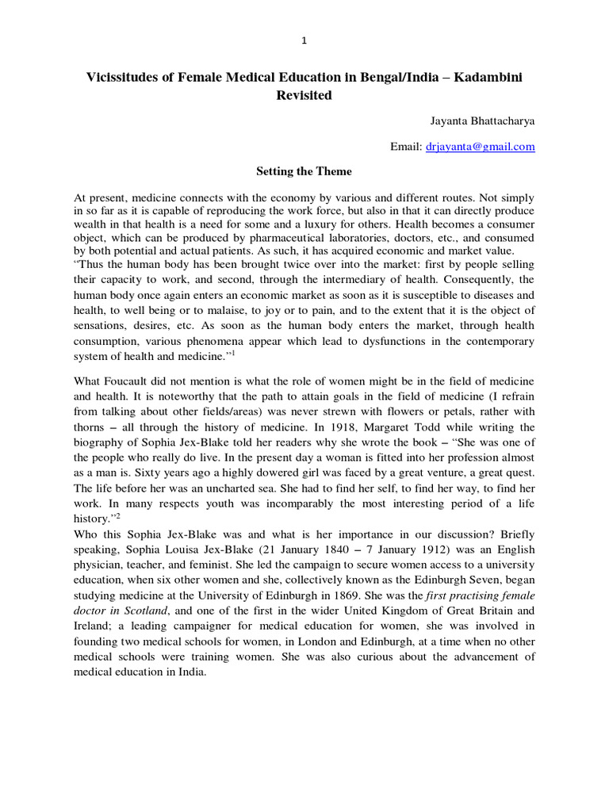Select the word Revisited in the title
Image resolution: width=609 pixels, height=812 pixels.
(304, 95)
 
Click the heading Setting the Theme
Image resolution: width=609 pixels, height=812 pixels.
(304, 171)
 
